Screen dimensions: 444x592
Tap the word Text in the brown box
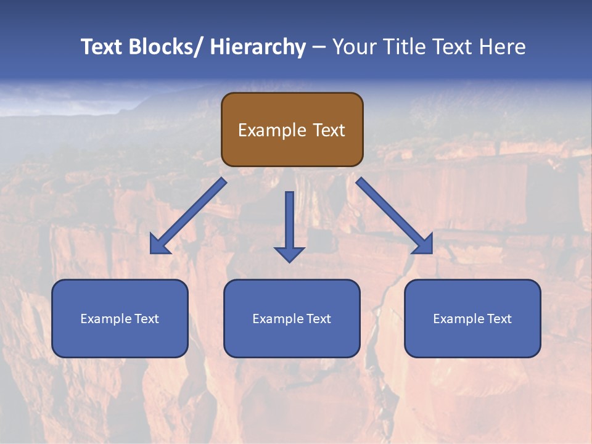click(x=328, y=130)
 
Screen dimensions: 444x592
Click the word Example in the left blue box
click(x=105, y=319)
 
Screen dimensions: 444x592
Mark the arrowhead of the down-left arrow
click(x=159, y=245)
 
